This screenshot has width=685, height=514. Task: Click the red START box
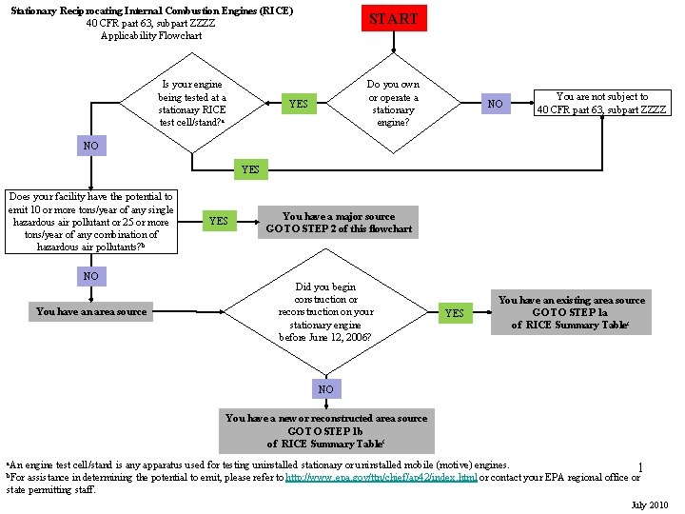click(x=393, y=19)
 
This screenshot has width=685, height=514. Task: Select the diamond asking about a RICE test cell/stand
click(x=192, y=103)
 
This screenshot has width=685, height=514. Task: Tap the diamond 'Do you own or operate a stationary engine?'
click(x=393, y=103)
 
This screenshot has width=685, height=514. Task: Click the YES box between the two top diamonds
click(x=299, y=103)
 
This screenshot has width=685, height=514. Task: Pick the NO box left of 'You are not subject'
click(x=495, y=103)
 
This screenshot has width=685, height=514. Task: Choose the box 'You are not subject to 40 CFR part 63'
click(x=601, y=103)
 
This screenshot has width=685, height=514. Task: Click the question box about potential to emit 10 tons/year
click(x=90, y=222)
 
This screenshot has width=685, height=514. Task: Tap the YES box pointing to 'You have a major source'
click(x=218, y=222)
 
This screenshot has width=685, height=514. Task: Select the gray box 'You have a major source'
click(x=339, y=223)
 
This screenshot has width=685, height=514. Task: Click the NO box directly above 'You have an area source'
click(x=90, y=276)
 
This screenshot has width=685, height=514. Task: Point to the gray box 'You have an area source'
click(x=91, y=311)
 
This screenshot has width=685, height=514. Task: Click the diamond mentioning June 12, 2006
click(x=325, y=311)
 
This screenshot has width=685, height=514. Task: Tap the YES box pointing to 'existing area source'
click(x=455, y=313)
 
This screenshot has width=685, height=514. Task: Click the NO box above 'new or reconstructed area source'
click(x=325, y=389)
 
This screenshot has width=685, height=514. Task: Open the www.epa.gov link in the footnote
click(x=382, y=478)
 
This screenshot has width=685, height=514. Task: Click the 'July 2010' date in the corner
click(x=651, y=504)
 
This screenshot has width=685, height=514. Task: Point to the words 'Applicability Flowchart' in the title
click(x=151, y=35)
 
